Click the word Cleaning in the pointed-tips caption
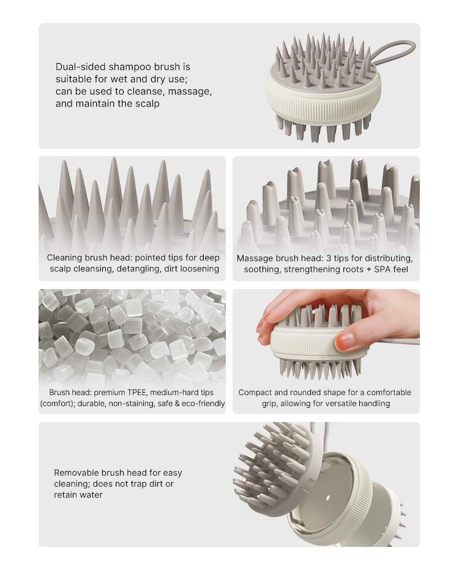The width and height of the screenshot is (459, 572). pyautogui.click(x=64, y=258)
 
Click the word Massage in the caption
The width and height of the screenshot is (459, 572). pyautogui.click(x=255, y=258)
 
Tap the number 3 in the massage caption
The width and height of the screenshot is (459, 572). pyautogui.click(x=329, y=258)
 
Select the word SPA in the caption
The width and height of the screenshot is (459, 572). pyautogui.click(x=382, y=269)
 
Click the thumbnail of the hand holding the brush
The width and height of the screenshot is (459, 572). pyautogui.click(x=326, y=335)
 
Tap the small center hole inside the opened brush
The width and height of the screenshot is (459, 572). pyautogui.click(x=328, y=497)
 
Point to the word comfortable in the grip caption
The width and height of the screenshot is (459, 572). pyautogui.click(x=389, y=393)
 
